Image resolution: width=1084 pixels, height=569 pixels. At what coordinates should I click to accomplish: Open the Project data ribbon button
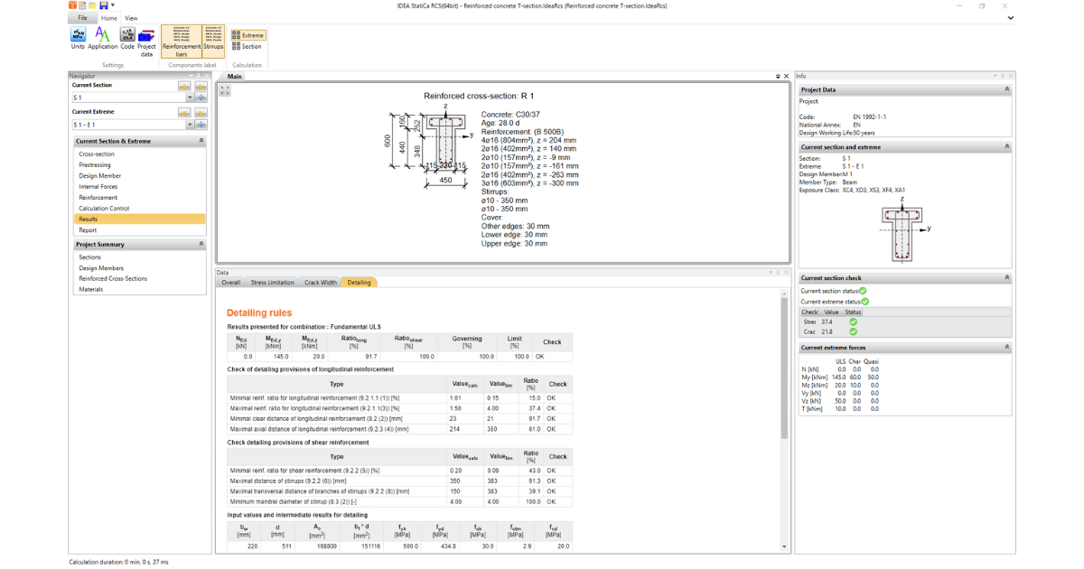point(146,41)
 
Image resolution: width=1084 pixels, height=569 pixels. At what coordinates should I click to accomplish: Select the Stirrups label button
point(213,41)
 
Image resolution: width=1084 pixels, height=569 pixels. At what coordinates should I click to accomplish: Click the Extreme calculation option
point(248,35)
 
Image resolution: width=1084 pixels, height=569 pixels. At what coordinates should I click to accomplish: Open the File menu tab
point(82,18)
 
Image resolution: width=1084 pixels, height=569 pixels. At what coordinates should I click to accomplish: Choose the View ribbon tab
point(131,18)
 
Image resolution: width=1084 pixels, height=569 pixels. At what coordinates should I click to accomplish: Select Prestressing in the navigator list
point(95,165)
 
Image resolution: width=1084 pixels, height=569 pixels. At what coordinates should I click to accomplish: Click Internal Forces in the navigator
point(98,187)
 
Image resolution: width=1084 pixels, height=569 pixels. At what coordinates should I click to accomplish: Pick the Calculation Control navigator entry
point(104,209)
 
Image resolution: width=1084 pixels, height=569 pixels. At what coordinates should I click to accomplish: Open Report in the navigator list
point(88,230)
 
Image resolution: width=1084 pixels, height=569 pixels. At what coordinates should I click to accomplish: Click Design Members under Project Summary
point(101,268)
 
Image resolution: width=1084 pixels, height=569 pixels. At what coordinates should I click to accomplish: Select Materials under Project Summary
point(91,290)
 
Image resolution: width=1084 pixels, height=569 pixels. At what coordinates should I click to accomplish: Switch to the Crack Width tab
point(320,283)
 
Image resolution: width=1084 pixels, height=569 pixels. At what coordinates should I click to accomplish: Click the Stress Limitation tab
point(272,283)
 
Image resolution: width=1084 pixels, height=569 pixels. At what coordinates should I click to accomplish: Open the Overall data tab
point(231,283)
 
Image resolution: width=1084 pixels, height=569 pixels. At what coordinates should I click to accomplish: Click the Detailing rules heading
point(259,312)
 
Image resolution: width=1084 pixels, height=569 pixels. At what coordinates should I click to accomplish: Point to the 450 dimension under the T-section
point(445,181)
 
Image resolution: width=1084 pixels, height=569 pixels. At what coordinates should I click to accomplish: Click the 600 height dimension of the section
point(386,142)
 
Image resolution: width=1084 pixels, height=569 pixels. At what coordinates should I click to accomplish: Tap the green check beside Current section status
point(864,291)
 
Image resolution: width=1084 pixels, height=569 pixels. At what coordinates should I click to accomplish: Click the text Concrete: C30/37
point(510,115)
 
